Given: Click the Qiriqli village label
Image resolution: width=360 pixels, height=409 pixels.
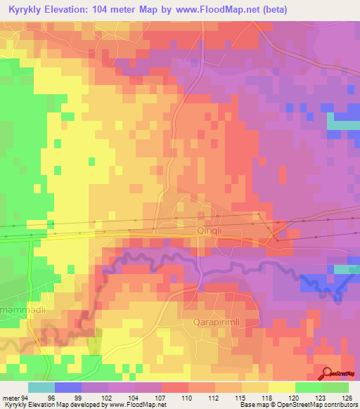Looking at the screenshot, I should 210,229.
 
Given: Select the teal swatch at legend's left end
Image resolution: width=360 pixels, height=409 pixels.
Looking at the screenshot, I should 41,387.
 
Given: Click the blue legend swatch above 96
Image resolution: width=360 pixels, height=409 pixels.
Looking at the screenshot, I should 68,387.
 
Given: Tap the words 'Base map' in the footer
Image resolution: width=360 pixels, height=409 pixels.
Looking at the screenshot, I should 243,405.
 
